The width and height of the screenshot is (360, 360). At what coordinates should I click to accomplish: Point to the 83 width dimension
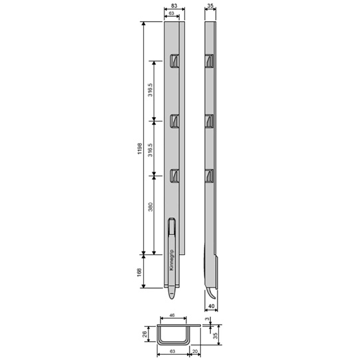[174, 6]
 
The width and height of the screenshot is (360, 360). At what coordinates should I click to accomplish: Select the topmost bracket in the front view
[174, 61]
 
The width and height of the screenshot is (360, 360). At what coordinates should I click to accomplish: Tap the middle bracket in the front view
[174, 120]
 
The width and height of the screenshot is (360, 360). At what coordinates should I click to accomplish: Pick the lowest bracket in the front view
[174, 176]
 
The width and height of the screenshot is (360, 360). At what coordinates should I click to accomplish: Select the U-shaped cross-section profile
[173, 335]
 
